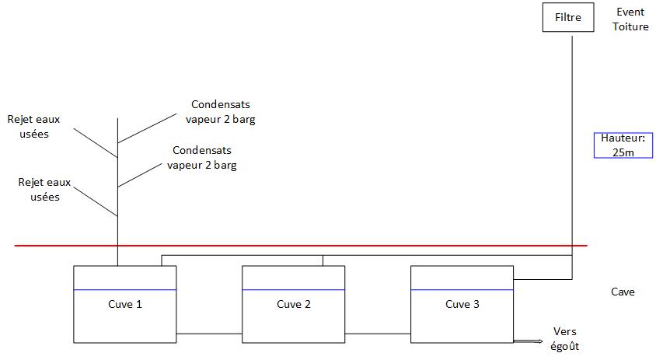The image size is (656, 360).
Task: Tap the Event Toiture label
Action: click(630, 19)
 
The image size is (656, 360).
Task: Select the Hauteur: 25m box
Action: click(623, 145)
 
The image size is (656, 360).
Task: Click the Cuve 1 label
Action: click(124, 304)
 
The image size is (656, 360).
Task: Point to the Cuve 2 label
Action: click(294, 304)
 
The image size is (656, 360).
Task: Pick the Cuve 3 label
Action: click(462, 304)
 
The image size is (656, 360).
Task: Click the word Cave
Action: click(623, 292)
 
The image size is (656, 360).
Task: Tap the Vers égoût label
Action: click(564, 339)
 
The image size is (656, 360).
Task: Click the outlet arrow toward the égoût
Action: click(529, 341)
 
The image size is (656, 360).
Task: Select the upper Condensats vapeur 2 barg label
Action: click(221, 112)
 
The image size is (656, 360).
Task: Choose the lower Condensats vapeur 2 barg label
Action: click(202, 158)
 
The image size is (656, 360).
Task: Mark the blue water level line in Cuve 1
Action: click(124, 289)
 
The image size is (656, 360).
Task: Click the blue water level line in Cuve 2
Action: click(294, 289)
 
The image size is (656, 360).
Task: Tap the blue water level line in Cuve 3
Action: click(462, 289)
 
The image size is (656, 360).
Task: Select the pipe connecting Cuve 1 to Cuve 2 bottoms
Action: click(209, 334)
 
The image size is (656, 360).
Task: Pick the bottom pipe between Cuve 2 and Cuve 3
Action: click(378, 334)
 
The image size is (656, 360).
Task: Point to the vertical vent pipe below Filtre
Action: click(573, 140)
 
